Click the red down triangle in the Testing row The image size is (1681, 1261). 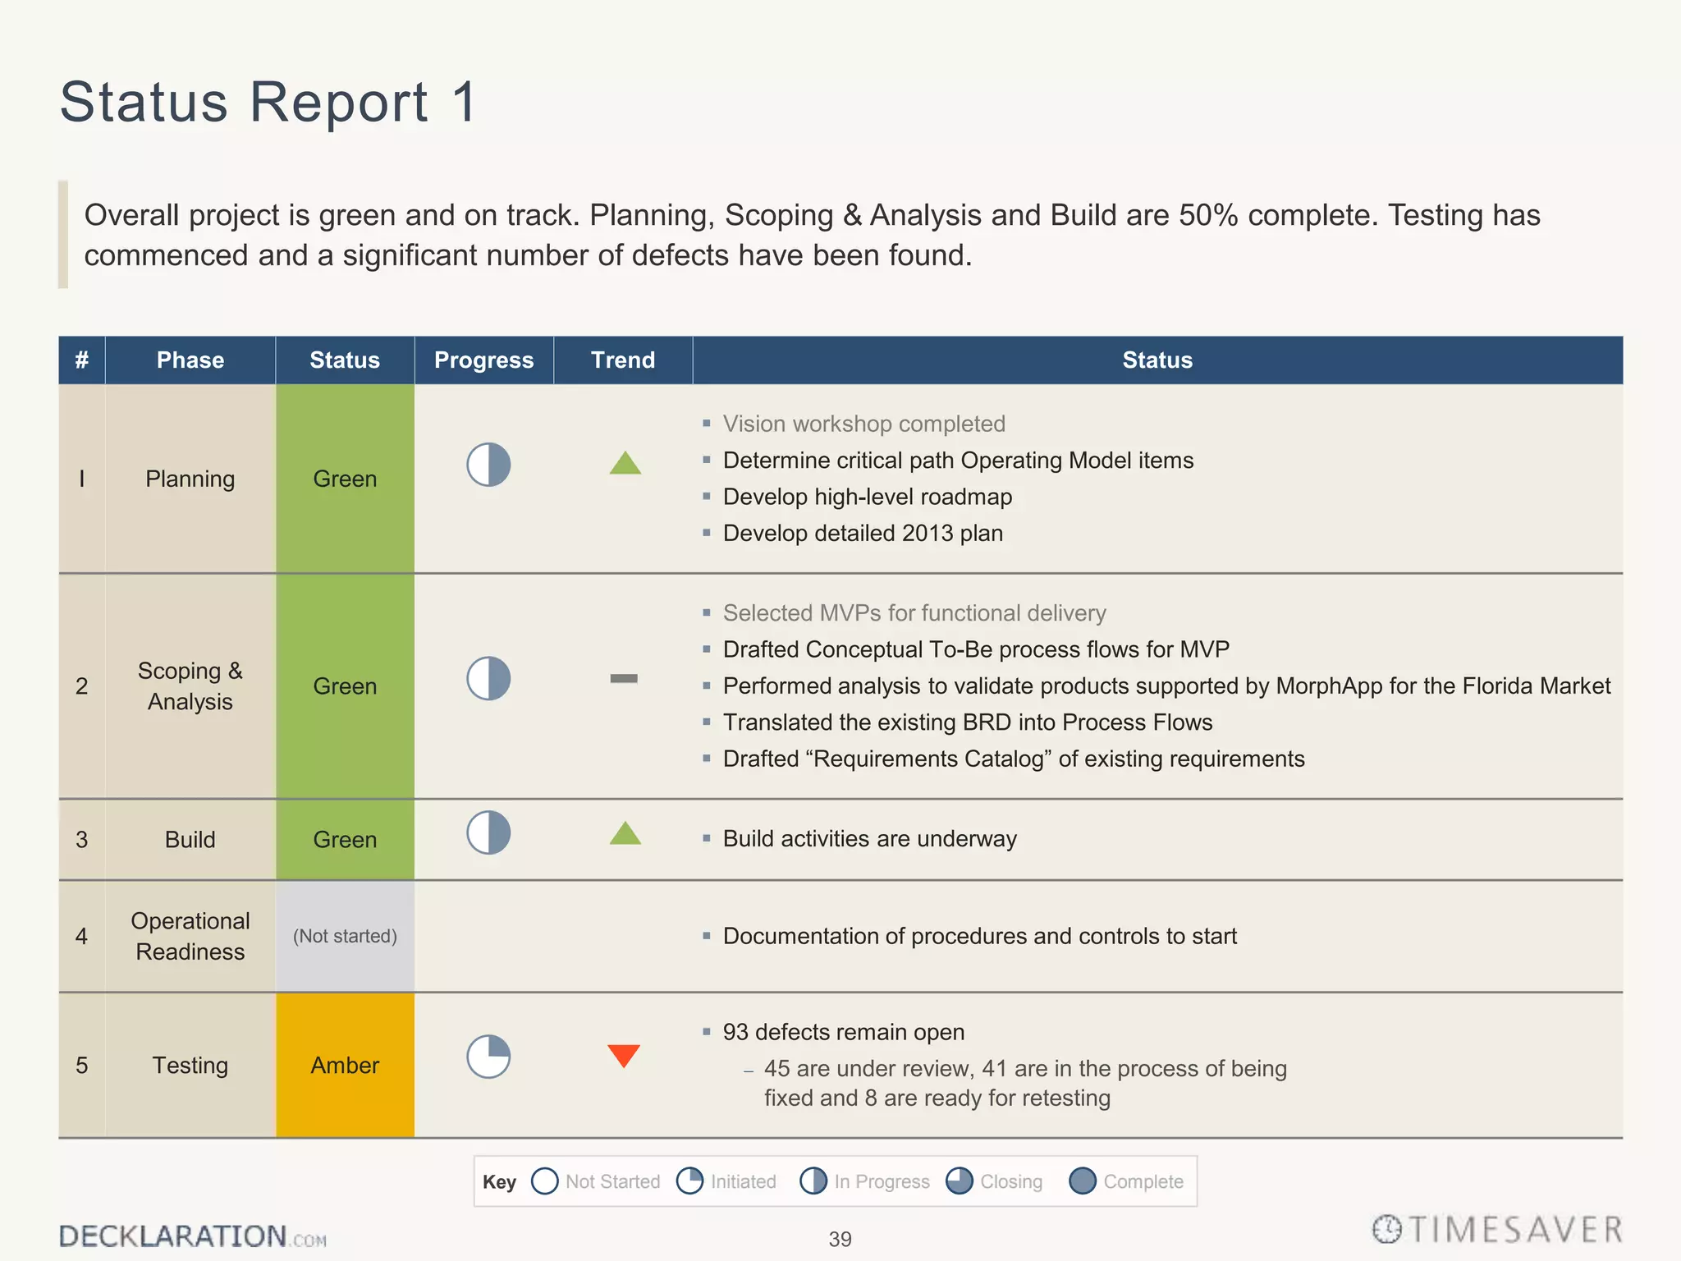pos(624,1055)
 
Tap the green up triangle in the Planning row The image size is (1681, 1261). pos(625,464)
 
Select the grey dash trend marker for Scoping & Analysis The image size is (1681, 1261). pos(624,678)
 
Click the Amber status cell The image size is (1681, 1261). pos(345,1065)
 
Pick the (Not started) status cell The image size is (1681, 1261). pos(345,936)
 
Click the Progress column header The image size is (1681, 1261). pos(483,360)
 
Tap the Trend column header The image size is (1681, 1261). pos(623,360)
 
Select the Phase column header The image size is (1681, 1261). pos(190,360)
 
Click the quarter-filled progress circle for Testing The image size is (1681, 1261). pos(488,1056)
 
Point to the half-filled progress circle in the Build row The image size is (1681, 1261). pos(488,832)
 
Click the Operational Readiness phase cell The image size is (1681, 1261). pos(190,936)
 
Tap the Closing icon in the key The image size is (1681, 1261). pos(959,1181)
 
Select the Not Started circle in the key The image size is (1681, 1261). pos(545,1181)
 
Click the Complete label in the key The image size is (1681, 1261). pos(1143,1181)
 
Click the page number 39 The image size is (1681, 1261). pos(840,1239)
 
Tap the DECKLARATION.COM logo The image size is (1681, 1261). pos(192,1236)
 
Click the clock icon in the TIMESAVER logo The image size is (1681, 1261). pos(1387,1229)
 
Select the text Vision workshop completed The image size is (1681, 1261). pos(863,424)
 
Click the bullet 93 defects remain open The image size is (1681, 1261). pos(843,1032)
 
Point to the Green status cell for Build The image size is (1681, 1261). pos(345,839)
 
